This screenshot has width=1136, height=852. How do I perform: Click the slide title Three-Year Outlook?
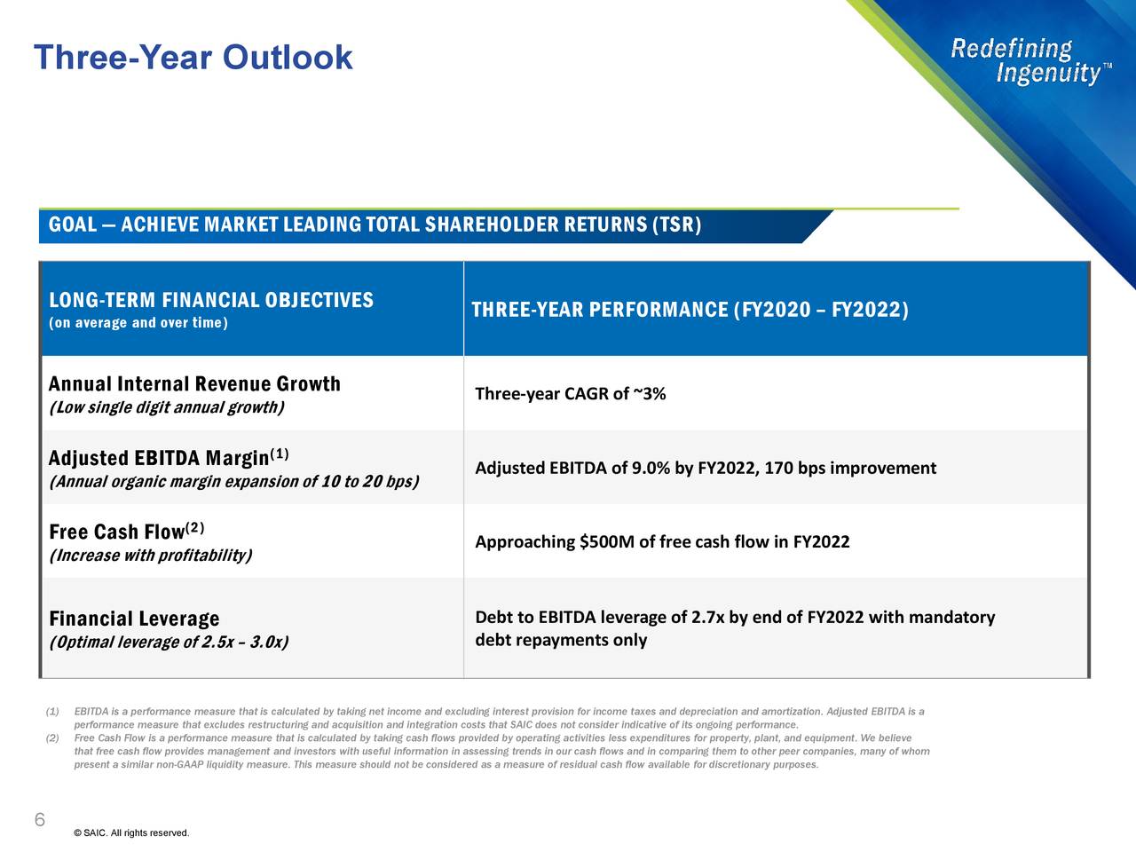(x=193, y=58)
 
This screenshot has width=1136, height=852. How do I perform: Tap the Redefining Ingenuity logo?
(x=1029, y=60)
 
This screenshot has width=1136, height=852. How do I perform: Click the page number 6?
(x=39, y=819)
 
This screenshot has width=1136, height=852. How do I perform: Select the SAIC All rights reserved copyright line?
(x=131, y=832)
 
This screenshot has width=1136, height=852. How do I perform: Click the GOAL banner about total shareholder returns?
(x=375, y=225)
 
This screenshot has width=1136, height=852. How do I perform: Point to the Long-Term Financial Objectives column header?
(x=210, y=300)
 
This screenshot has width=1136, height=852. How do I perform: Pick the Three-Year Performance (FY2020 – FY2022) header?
(x=690, y=310)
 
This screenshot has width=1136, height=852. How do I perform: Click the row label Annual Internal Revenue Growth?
(x=194, y=384)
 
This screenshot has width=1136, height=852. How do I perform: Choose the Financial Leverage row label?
(x=134, y=619)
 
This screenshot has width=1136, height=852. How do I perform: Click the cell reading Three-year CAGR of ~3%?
(x=570, y=394)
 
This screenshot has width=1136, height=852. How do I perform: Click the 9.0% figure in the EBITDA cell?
(x=651, y=469)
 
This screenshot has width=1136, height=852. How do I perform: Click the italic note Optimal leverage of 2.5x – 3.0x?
(x=169, y=643)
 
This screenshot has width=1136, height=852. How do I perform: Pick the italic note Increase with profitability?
(x=150, y=556)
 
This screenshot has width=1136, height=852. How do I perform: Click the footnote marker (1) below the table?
(x=52, y=712)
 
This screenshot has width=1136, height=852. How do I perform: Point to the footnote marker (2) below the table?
(x=52, y=738)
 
